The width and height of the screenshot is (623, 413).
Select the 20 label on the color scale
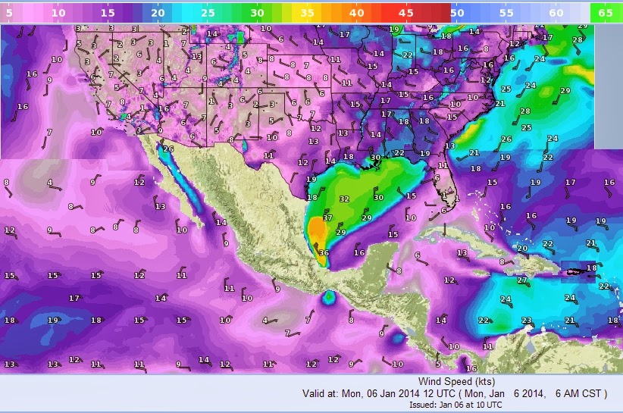pyautogui.click(x=157, y=12)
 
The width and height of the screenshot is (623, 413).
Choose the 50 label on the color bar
pyautogui.click(x=456, y=12)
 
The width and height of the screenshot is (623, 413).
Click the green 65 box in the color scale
pyautogui.click(x=605, y=12)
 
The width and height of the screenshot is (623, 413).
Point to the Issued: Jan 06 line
pyautogui.click(x=451, y=405)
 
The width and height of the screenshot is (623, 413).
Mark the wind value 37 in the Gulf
pyautogui.click(x=327, y=217)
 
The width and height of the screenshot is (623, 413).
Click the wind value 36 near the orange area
pyautogui.click(x=324, y=253)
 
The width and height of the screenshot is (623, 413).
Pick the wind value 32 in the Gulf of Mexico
pyautogui.click(x=343, y=199)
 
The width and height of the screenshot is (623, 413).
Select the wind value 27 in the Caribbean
pyautogui.click(x=521, y=280)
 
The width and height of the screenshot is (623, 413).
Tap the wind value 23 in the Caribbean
pyautogui.click(x=526, y=321)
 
